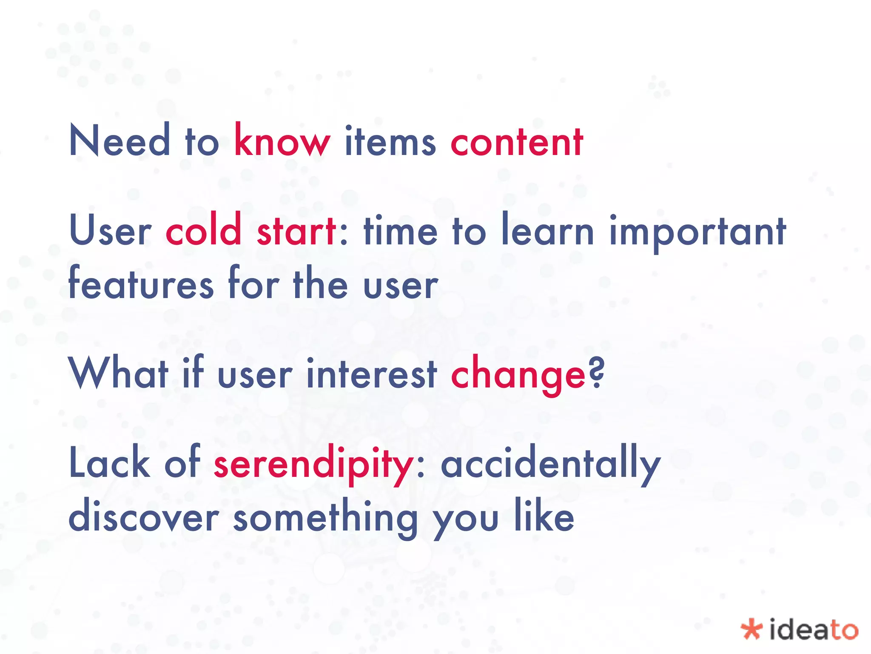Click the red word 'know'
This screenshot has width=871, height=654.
282,141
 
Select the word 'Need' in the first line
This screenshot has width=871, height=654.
120,141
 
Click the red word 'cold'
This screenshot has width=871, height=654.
204,230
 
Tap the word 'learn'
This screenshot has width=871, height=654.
548,230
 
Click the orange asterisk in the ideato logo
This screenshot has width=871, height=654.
751,629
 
